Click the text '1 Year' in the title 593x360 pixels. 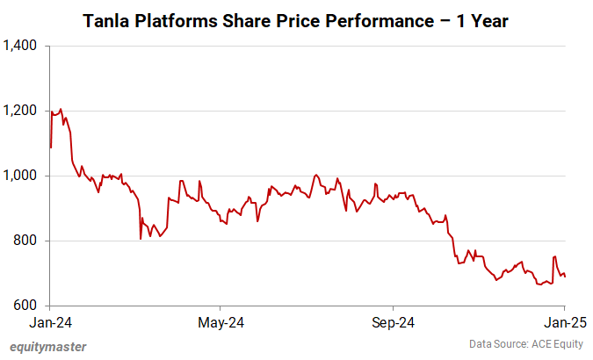tap(482, 19)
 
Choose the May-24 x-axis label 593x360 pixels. tap(221, 322)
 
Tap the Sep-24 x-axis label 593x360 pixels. tap(393, 322)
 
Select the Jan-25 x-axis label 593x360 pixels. tap(564, 322)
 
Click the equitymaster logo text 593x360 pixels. tap(48, 346)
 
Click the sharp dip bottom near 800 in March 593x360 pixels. tap(141, 238)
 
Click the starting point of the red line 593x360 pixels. tap(50, 148)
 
